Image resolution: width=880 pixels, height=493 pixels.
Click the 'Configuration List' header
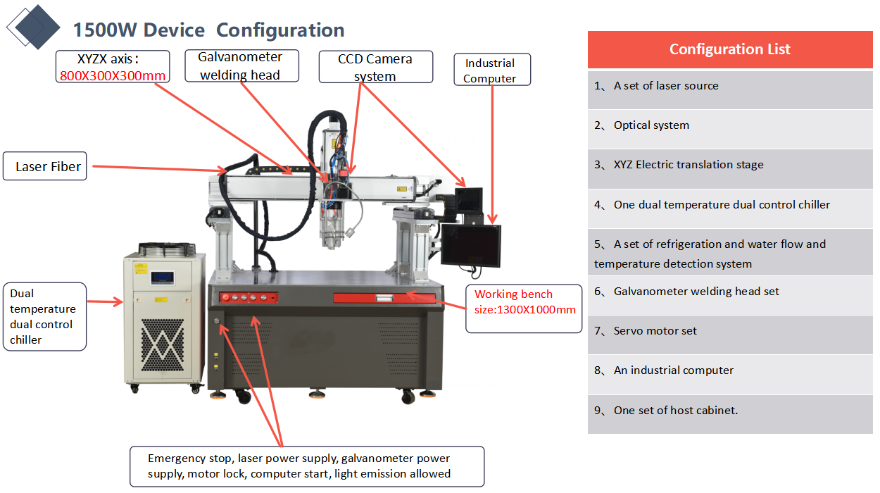coord(729,49)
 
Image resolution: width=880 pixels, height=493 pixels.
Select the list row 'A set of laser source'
coord(666,86)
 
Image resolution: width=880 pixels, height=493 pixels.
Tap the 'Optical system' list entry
coord(651,125)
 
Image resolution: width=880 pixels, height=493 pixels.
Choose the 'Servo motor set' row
coord(655,331)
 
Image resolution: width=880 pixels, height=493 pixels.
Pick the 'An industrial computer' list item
coord(673,370)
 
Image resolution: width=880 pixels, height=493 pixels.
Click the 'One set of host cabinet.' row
coord(675,410)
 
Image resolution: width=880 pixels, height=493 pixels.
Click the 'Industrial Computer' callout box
coord(491,70)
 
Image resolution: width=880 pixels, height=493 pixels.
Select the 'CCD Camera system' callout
coord(375,67)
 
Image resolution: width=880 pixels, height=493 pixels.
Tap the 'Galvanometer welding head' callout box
coord(240,65)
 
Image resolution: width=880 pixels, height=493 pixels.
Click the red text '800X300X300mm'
coord(113,76)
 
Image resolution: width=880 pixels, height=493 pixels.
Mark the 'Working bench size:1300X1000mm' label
coord(524,302)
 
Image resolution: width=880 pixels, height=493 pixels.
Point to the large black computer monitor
coord(471,244)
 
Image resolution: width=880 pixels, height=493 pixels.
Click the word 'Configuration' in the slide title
coord(280,30)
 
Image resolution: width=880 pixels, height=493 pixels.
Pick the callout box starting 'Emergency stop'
coord(307,466)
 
